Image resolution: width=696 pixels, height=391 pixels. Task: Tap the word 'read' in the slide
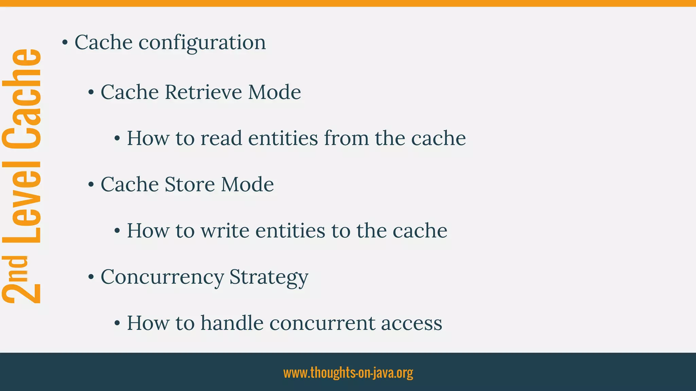pyautogui.click(x=221, y=138)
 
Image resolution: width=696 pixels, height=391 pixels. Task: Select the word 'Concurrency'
pyautogui.click(x=162, y=277)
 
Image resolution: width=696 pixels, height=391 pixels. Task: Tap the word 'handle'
pyautogui.click(x=232, y=323)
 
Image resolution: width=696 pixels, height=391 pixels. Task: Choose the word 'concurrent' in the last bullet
pyautogui.click(x=322, y=323)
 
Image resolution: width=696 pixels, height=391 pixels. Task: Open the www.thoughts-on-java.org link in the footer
pyautogui.click(x=348, y=373)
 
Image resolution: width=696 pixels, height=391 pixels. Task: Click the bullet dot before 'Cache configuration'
pyautogui.click(x=65, y=43)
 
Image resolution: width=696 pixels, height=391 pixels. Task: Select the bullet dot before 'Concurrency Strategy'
pyautogui.click(x=91, y=277)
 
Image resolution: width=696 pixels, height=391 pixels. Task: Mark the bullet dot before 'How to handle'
pyautogui.click(x=117, y=323)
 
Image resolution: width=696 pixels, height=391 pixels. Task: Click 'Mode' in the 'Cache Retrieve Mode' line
pyautogui.click(x=274, y=92)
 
